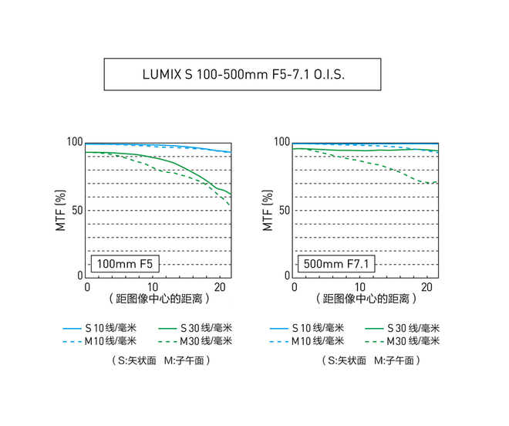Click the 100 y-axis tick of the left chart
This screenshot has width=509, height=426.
click(x=74, y=143)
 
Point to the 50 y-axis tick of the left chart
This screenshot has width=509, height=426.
click(x=77, y=210)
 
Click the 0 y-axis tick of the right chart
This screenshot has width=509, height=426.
click(x=287, y=276)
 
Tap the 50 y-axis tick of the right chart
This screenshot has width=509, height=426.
click(x=284, y=210)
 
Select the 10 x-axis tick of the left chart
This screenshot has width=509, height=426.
click(x=153, y=286)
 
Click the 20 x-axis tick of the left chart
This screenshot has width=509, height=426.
click(x=219, y=286)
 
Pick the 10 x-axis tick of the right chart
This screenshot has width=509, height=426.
click(x=360, y=286)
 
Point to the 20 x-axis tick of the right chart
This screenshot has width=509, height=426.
click(x=426, y=286)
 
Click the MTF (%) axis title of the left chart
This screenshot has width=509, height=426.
click(x=60, y=210)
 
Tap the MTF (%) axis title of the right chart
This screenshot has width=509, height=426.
click(x=268, y=210)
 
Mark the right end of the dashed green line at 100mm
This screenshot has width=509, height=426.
click(x=230, y=205)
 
